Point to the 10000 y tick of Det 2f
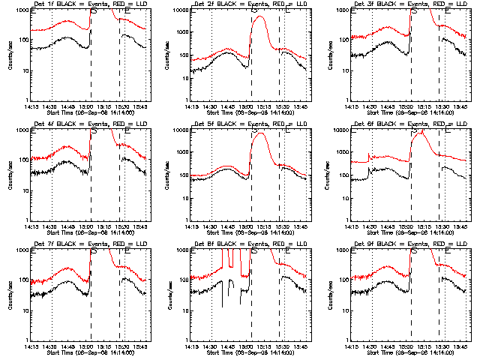[181, 10]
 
